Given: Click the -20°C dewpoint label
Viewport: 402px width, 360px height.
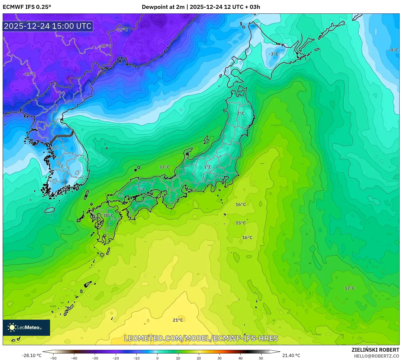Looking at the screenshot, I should (105, 46).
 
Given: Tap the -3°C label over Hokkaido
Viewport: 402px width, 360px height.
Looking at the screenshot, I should (274, 54).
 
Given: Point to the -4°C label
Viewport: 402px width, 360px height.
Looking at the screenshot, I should (393, 50).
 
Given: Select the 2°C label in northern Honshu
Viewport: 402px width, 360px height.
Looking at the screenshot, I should (241, 114).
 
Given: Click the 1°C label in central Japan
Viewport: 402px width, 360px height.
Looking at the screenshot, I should (207, 167).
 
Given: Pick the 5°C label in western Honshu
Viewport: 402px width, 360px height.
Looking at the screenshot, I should (141, 190).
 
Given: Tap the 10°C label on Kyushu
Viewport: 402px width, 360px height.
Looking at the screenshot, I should (108, 216).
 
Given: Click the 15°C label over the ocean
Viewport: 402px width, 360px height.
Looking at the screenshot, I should (241, 223).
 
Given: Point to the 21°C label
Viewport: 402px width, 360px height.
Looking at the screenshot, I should (178, 320).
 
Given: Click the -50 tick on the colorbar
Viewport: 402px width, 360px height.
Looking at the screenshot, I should (53, 358).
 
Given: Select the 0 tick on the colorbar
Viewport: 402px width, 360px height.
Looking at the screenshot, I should (157, 358).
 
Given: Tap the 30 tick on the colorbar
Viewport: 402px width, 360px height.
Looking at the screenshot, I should (220, 358).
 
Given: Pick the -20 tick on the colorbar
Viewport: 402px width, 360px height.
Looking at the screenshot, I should (116, 358).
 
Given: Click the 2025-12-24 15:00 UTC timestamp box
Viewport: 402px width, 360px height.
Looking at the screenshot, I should (48, 26).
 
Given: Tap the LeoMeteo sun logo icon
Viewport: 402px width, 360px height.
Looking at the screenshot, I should (12, 327).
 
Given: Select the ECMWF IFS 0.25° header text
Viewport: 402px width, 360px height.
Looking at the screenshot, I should (27, 7).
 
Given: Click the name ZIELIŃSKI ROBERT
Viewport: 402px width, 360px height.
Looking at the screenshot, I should (375, 350).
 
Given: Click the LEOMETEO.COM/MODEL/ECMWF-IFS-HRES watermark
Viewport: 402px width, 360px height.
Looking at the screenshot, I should (201, 338).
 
